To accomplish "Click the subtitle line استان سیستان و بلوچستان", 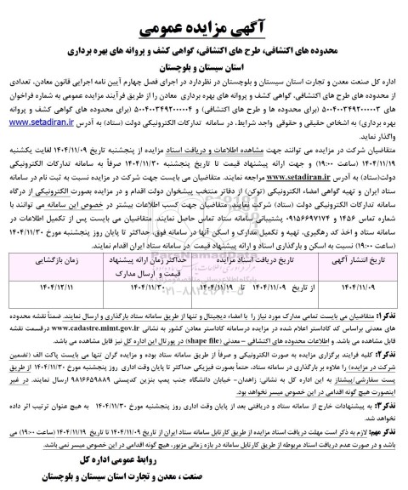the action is tap(204, 64).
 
